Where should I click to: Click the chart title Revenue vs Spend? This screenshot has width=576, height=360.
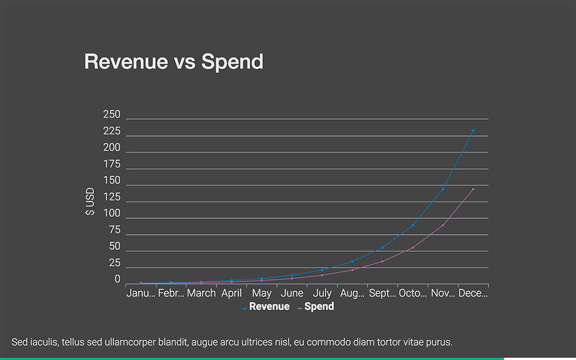point(173,62)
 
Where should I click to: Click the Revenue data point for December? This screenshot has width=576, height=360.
point(473,131)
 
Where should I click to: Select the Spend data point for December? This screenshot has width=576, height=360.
point(473,189)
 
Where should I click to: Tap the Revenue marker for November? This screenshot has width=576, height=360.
point(443,189)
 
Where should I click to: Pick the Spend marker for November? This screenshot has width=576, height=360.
point(443,225)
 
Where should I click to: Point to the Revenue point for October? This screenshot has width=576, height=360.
point(412,225)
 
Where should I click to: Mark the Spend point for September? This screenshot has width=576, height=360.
point(382,262)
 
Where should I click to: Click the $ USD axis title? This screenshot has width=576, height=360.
point(90,202)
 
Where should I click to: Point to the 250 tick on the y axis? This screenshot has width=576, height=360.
point(112,115)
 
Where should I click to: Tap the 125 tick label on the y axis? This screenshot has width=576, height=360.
point(112,198)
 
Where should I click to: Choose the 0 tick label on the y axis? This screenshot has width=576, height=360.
point(117,280)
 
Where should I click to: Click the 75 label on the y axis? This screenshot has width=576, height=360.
point(114,230)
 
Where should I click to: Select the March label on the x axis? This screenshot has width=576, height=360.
point(201,293)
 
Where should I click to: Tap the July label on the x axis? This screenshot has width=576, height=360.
point(322,293)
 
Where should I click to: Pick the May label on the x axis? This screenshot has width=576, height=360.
point(262,293)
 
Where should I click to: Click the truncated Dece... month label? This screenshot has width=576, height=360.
point(473,293)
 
